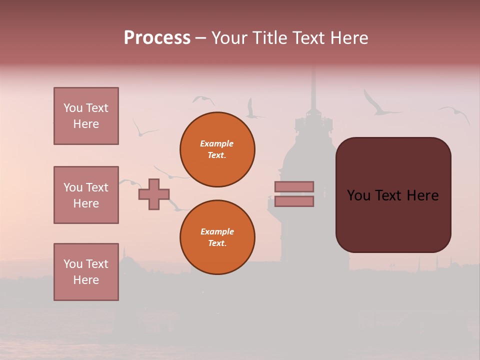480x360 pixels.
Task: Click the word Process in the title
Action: pos(157,38)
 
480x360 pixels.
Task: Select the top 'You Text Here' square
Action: pos(86,116)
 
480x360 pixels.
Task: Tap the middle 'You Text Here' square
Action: pos(86,195)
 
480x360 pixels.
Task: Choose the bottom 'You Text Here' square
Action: pos(86,272)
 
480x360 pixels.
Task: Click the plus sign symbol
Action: pos(154,194)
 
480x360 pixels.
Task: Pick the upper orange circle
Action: pos(217,149)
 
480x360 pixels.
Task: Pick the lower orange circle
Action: pos(217,237)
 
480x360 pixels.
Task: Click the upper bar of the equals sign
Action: pos(294,186)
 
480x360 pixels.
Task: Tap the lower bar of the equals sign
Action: pos(294,201)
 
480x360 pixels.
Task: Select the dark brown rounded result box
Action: pos(393,195)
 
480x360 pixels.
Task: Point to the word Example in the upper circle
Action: pos(216,143)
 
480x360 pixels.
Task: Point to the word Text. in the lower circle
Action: pos(217,243)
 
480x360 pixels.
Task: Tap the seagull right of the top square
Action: pos(144,130)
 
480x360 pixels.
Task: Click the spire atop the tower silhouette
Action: pos(313,90)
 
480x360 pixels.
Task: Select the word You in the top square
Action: pos(73,108)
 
